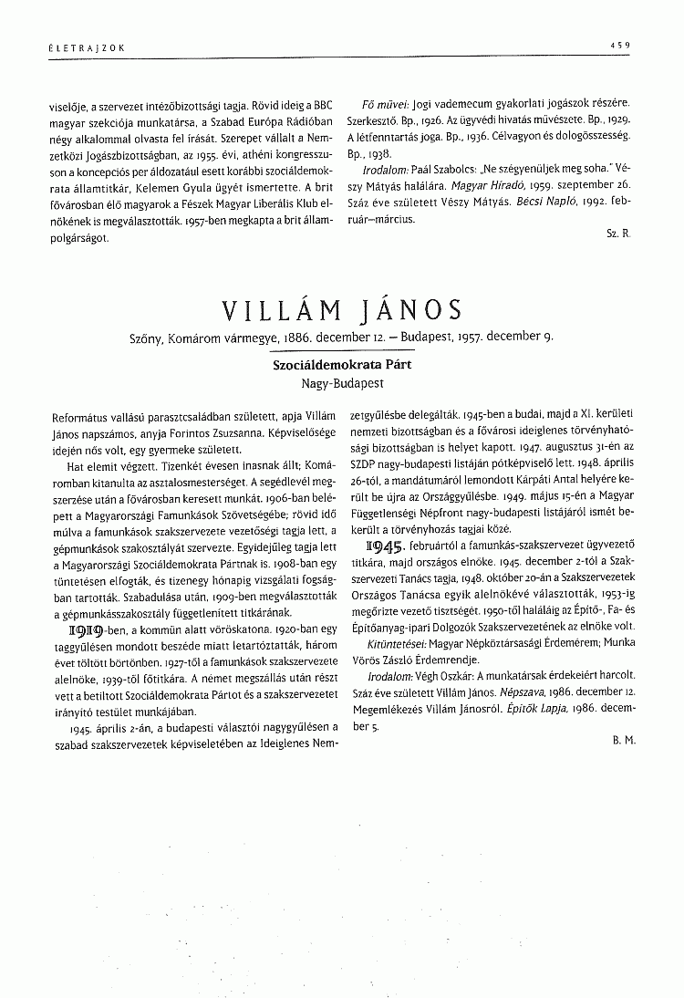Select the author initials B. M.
click(624, 742)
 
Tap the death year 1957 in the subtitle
click(482, 340)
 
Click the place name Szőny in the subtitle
click(150, 340)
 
